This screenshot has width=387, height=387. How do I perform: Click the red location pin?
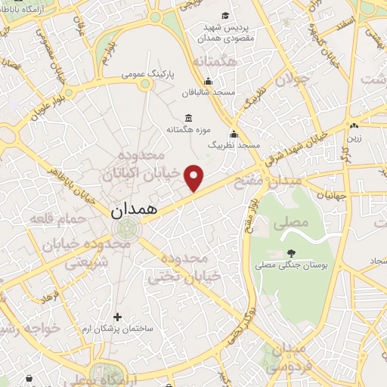(x=195, y=178)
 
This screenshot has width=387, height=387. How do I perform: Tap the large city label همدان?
(x=134, y=210)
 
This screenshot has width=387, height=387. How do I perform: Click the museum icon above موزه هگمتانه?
(x=187, y=118)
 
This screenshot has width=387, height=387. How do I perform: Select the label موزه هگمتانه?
(x=187, y=130)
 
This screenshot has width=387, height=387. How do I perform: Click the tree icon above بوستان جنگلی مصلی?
(x=291, y=253)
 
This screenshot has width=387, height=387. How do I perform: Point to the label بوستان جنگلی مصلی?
(x=291, y=265)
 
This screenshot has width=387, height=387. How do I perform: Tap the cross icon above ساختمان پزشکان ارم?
(x=116, y=317)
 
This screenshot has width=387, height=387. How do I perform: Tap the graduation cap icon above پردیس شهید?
(x=225, y=15)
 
